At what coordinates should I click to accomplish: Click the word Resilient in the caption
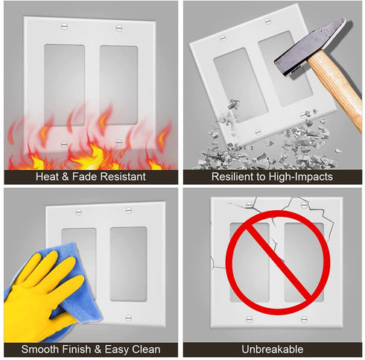tap(233, 177)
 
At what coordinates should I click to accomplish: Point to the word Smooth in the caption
tap(42, 349)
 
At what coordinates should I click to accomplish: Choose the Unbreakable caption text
tap(272, 349)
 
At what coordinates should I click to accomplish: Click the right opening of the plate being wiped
tap(128, 263)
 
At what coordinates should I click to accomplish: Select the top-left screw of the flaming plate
tap(63, 27)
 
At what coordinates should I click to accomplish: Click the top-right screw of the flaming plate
tap(118, 27)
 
